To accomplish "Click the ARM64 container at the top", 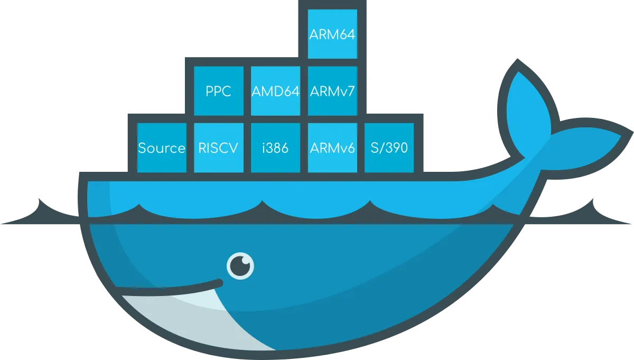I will click(332, 34).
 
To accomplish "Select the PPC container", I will click(218, 91).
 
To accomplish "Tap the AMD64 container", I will click(275, 91).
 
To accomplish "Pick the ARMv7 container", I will click(332, 91).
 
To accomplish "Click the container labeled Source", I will click(161, 148).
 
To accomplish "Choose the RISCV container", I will click(218, 148).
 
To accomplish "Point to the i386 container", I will click(275, 148).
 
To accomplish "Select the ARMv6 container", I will click(332, 148).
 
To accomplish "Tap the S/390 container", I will click(389, 148).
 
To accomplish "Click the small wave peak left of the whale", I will click(40, 204).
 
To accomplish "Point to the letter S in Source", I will click(142, 148).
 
